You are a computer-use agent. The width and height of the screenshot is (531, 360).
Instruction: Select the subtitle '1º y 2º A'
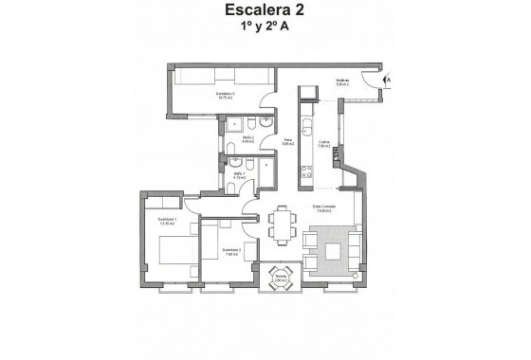coord(265,30)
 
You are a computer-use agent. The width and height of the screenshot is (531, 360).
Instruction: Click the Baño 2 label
coord(247,139)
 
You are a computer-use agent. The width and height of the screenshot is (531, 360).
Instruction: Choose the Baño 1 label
coord(239,175)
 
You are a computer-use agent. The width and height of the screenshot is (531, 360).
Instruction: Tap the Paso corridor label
coord(288,142)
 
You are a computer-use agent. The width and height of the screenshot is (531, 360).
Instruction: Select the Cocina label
coord(323,145)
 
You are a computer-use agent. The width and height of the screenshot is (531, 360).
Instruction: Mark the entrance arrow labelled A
coord(387,69)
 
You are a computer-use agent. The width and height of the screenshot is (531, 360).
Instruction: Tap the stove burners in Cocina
coord(306,171)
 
